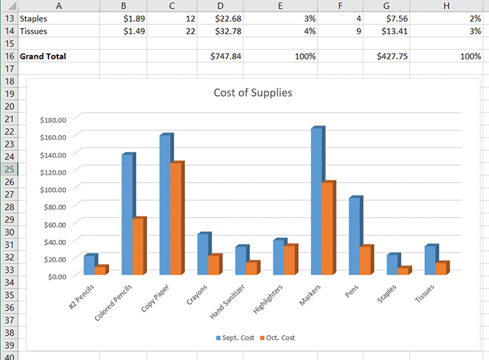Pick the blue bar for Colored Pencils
[x=127, y=214]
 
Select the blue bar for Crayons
[x=203, y=254]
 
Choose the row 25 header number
[x=10, y=169]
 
